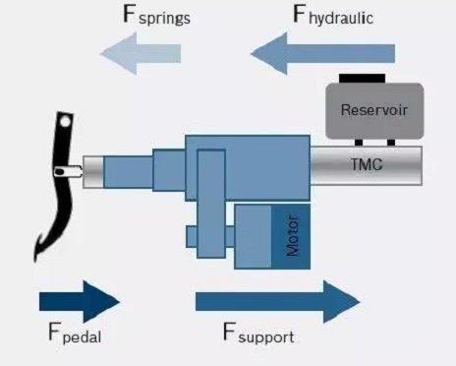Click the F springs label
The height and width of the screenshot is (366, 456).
(156, 15)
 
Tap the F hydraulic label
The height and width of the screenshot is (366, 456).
(333, 15)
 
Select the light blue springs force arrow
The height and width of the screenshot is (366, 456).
(141, 53)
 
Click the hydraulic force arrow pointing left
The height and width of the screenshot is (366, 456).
(322, 53)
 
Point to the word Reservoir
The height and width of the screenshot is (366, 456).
(374, 110)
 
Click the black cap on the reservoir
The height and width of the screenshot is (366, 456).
(362, 79)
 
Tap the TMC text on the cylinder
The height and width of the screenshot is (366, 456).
(367, 164)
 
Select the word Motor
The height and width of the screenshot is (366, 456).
(293, 235)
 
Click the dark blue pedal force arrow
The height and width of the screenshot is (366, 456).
(80, 302)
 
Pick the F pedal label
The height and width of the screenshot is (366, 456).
(75, 334)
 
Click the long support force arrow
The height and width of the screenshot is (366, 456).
(278, 302)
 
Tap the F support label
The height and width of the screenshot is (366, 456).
(258, 334)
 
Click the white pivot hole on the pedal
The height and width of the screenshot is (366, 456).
(66, 122)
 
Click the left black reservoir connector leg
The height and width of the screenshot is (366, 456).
(359, 143)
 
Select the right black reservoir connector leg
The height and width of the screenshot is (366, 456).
(391, 143)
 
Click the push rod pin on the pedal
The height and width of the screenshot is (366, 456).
(68, 171)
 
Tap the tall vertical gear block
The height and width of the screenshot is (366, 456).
(211, 204)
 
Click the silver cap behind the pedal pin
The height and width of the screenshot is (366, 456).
(93, 172)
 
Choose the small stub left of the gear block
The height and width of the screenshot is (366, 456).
(192, 236)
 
